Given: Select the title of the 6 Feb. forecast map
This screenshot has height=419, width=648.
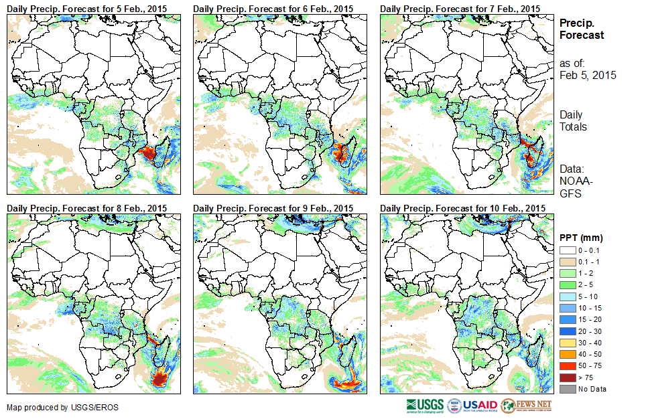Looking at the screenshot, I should (x=273, y=8).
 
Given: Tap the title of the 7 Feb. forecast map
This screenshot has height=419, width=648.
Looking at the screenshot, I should (x=460, y=8).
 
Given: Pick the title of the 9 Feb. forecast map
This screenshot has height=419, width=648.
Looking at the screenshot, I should (x=273, y=208).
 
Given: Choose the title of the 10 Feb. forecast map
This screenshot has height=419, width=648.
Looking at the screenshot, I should (x=462, y=208).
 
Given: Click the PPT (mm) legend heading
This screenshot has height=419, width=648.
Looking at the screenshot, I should (x=582, y=237).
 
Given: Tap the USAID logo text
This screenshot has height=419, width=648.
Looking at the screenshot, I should (x=481, y=406).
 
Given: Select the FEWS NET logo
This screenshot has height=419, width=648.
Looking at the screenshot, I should (x=527, y=406).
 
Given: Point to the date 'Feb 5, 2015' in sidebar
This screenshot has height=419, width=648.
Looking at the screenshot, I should (x=588, y=75).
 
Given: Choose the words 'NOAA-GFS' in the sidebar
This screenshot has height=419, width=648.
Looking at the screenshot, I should (x=574, y=187).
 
